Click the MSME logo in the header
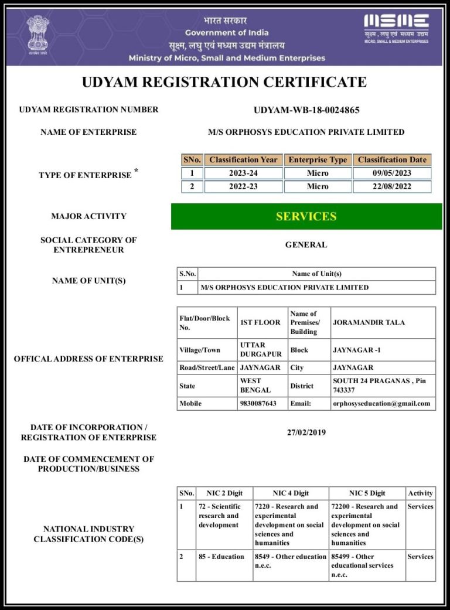tap(396, 27)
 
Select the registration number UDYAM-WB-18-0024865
tap(306, 110)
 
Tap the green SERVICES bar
tap(306, 216)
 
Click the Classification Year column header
tap(243, 159)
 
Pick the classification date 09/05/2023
tap(392, 173)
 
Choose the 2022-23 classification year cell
tap(243, 187)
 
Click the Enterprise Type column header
tap(318, 159)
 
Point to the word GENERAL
tap(306, 245)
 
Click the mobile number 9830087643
tap(258, 403)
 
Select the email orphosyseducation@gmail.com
tap(381, 403)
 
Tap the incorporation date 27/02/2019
tap(306, 432)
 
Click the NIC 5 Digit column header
tap(367, 493)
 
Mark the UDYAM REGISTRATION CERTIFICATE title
tap(224, 82)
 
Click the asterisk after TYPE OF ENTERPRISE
tap(137, 171)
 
